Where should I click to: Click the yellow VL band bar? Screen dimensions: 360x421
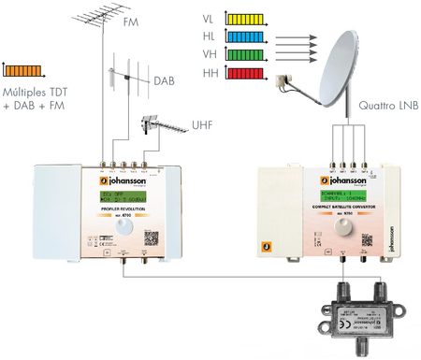[243, 18]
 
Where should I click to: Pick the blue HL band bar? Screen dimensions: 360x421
[243, 36]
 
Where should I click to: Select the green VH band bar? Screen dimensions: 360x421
[243, 54]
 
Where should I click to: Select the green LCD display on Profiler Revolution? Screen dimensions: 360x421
[119, 195]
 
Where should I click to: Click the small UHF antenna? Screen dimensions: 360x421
[161, 125]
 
